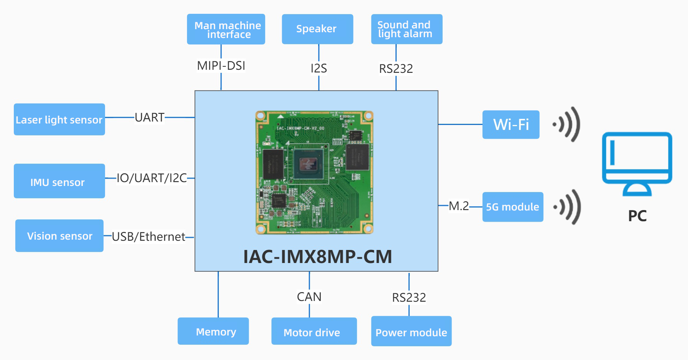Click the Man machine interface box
coord(226,29)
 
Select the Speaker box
coord(317,29)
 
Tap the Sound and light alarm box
coord(407,29)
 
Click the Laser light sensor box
coord(59,119)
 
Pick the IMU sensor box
coord(59,181)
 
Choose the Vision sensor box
coord(59,235)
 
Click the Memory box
coord(213,331)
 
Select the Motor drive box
coord(314,331)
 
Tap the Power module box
coord(411,331)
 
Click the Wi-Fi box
coord(511,125)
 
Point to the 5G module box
coord(513,207)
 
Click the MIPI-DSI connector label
coord(221,66)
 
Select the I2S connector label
coord(319,69)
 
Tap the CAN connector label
coord(309,297)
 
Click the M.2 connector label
coord(459,206)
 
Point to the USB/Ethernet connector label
coord(148,237)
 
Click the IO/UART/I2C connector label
coord(151,178)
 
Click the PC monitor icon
coord(637,163)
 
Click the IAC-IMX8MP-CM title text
coord(317,256)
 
